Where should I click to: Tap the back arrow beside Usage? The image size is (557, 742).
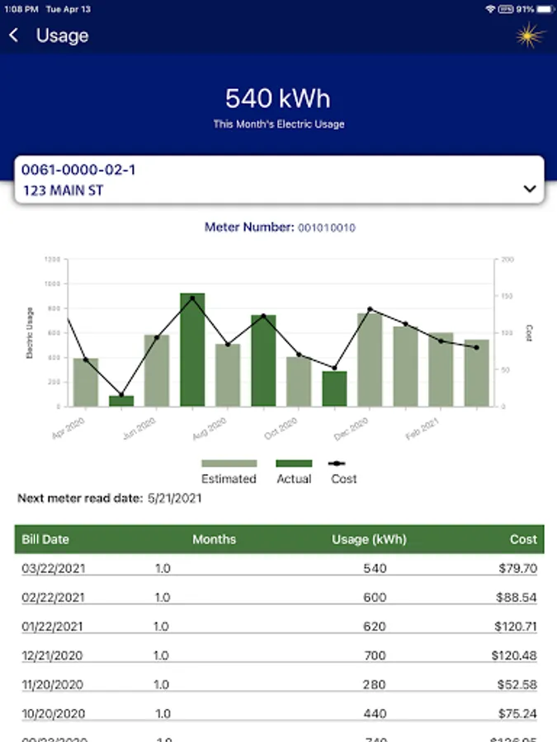[x=14, y=35]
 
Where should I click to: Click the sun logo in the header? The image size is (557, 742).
[x=531, y=35]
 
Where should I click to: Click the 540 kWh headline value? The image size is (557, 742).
[x=278, y=98]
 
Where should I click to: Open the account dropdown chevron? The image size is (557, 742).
[x=530, y=189]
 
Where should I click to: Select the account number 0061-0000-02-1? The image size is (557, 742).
[x=78, y=170]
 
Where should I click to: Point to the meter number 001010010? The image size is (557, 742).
[x=327, y=228]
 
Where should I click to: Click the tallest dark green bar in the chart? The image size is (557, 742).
[x=192, y=350]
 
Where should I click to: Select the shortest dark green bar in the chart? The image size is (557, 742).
[x=121, y=401]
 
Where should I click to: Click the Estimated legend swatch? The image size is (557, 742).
[x=229, y=463]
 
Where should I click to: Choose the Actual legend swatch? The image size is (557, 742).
[x=293, y=463]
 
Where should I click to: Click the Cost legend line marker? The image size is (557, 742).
[x=343, y=463]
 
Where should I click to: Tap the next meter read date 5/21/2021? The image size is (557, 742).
[x=174, y=498]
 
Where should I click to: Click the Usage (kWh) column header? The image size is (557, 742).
[x=369, y=539]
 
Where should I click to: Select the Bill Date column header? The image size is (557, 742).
[x=45, y=539]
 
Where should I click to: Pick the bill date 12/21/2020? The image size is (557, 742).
[x=53, y=655]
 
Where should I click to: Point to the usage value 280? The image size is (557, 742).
[x=374, y=684]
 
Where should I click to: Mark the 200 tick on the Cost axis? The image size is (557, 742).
[x=507, y=259]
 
